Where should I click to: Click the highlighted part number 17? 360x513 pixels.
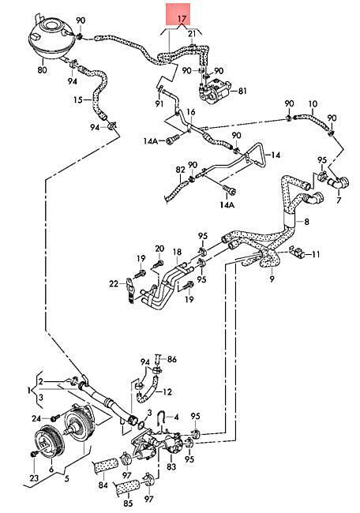[x=182, y=19]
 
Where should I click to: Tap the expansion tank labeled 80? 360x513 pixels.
[x=50, y=38]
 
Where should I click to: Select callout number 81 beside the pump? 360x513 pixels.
[x=242, y=91]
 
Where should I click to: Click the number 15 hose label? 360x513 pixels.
[x=78, y=99]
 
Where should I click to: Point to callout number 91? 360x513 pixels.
[x=159, y=103]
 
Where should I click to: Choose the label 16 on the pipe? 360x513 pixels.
[x=191, y=112]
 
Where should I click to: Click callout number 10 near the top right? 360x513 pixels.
[x=313, y=104]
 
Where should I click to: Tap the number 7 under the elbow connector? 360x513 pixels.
[x=339, y=200]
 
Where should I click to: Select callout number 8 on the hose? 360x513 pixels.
[x=306, y=222]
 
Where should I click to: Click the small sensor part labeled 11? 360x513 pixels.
[x=298, y=253]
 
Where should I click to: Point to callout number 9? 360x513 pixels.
[x=272, y=279]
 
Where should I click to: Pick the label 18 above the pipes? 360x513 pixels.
[x=177, y=253]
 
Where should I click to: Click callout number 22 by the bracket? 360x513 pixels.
[x=114, y=283]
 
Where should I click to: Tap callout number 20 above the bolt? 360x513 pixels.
[x=159, y=249]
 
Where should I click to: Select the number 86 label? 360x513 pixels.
[x=172, y=359]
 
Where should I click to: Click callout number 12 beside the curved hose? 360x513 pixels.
[x=167, y=391]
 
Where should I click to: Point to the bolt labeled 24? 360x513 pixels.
[x=55, y=418]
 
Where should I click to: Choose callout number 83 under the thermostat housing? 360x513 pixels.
[x=171, y=466]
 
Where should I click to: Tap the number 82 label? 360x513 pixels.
[x=180, y=170]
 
